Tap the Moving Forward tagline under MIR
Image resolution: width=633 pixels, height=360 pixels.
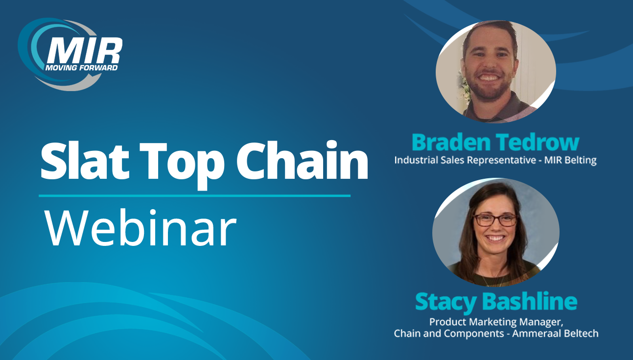coord(81,68)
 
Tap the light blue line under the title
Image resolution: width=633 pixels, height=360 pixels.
coord(194,195)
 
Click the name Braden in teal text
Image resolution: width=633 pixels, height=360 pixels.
coord(451,142)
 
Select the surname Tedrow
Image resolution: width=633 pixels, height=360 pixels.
coord(537,142)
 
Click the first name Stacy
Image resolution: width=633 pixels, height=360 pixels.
coord(446,302)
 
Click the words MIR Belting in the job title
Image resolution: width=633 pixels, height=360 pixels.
coord(570,160)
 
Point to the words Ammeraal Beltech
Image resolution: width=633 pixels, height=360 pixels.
coord(555,334)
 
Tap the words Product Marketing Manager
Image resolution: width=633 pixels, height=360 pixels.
coord(496,322)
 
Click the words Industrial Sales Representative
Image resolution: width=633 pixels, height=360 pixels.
coord(465,160)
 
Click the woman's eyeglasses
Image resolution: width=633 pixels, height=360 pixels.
coord(495,220)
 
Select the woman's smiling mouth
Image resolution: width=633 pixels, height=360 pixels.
coord(495,239)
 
